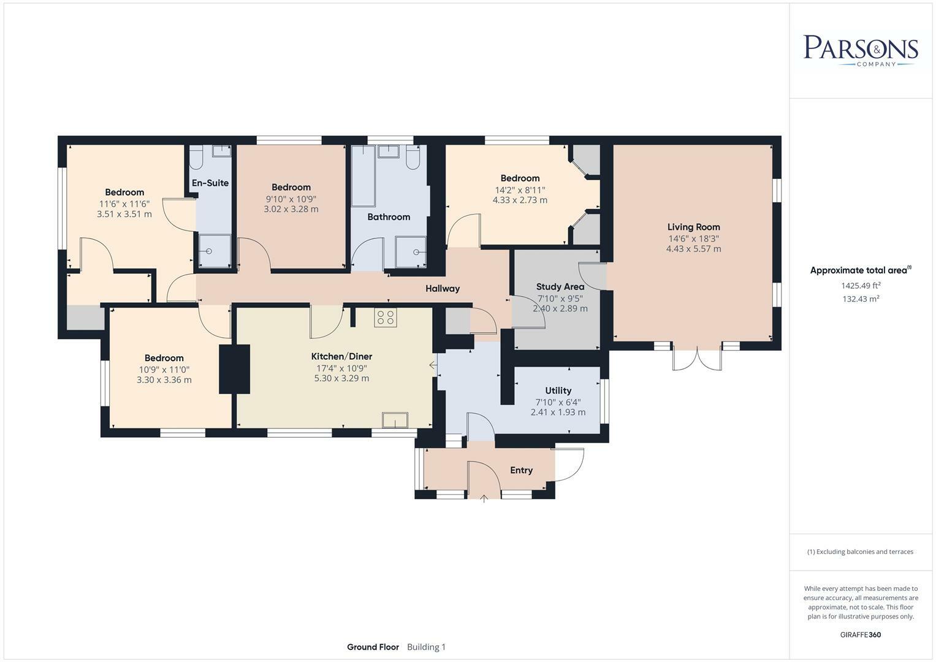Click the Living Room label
click(x=694, y=227)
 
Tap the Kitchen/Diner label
click(x=341, y=357)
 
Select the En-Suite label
click(x=210, y=183)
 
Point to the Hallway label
click(x=443, y=288)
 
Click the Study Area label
click(x=560, y=287)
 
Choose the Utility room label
click(x=558, y=390)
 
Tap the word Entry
click(x=521, y=470)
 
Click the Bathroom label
click(x=389, y=217)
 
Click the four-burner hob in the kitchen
click(x=386, y=318)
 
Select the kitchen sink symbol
click(x=395, y=420)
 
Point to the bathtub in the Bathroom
click(x=363, y=175)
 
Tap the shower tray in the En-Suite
click(x=215, y=251)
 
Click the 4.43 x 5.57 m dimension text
click(x=694, y=249)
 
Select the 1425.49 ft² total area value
click(x=861, y=286)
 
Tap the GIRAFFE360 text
click(x=861, y=634)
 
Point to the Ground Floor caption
click(x=373, y=647)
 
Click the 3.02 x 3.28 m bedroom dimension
click(x=291, y=209)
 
